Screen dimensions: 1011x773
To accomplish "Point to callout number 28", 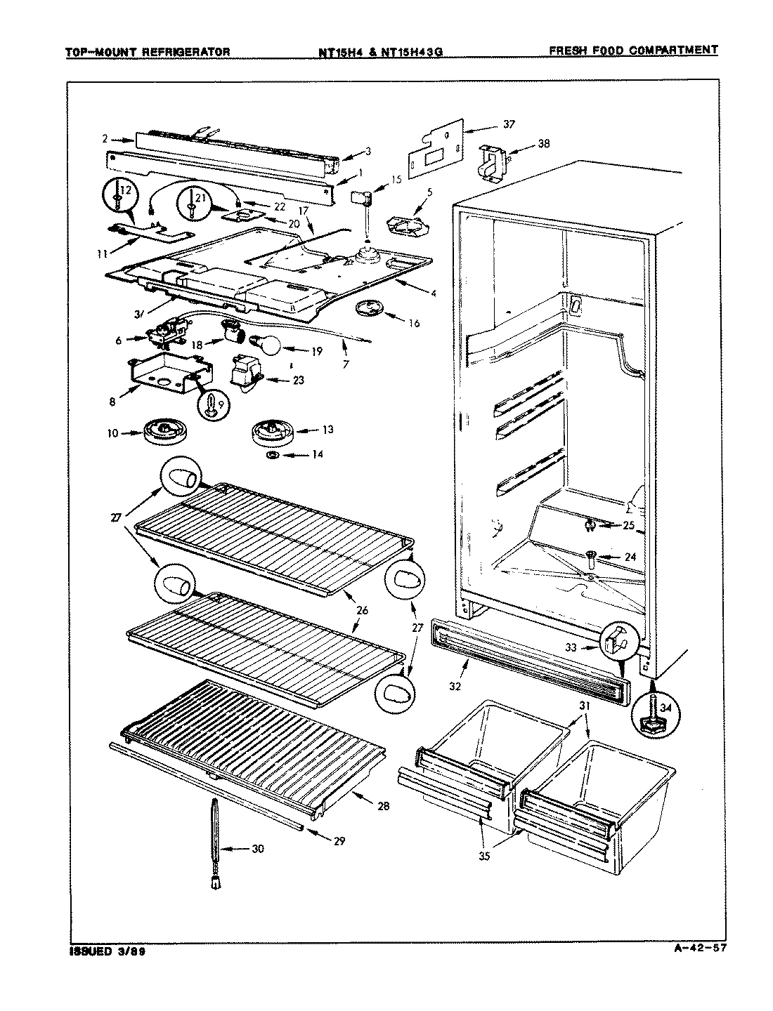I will [x=383, y=806].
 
